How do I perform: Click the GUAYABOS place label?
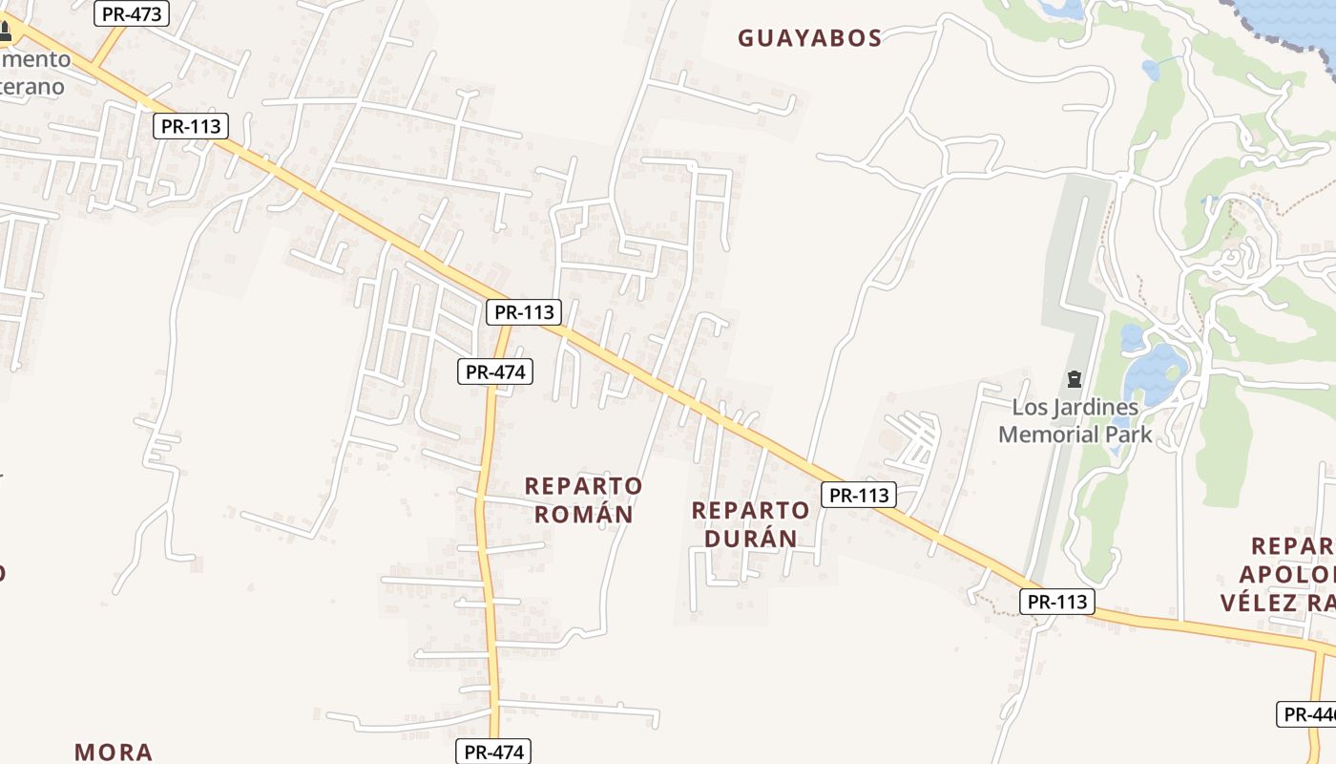pos(809,38)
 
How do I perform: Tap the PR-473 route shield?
pos(133,13)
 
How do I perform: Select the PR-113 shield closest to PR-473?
pos(191,126)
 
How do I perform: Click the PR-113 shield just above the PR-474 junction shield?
pos(524,312)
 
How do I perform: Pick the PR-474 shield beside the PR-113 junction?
pos(495,371)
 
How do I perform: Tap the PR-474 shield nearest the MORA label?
pos(493,752)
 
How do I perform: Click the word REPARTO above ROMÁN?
pos(584,486)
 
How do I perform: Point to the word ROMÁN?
pos(584,515)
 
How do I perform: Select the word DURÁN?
pos(750,539)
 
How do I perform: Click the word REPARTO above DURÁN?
pos(750,510)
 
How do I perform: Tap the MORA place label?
pos(114,752)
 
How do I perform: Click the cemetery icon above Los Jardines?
pos(1075,380)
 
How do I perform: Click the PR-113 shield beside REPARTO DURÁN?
pos(859,495)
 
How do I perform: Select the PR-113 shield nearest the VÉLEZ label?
pos(1057,602)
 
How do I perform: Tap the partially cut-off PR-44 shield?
pos(1308,714)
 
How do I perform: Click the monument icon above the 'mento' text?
pos(5,32)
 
